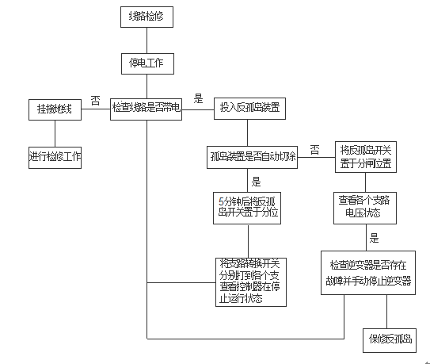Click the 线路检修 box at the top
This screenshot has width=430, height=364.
147,15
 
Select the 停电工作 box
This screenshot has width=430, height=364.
147,61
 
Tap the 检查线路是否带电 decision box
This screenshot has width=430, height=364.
147,109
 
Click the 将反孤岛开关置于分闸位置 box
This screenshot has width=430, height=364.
367,156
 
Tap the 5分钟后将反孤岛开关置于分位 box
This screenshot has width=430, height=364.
249,207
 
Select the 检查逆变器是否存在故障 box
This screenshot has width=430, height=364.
367,273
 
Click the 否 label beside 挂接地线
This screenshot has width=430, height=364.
94,98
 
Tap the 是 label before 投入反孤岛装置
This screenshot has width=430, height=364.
199,98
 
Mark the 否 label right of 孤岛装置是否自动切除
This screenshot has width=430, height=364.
314,148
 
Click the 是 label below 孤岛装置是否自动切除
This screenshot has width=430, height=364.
256,180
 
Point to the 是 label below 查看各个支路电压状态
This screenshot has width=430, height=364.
375,237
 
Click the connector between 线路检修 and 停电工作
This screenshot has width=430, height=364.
147,38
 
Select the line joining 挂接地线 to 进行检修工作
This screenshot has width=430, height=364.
51,131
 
